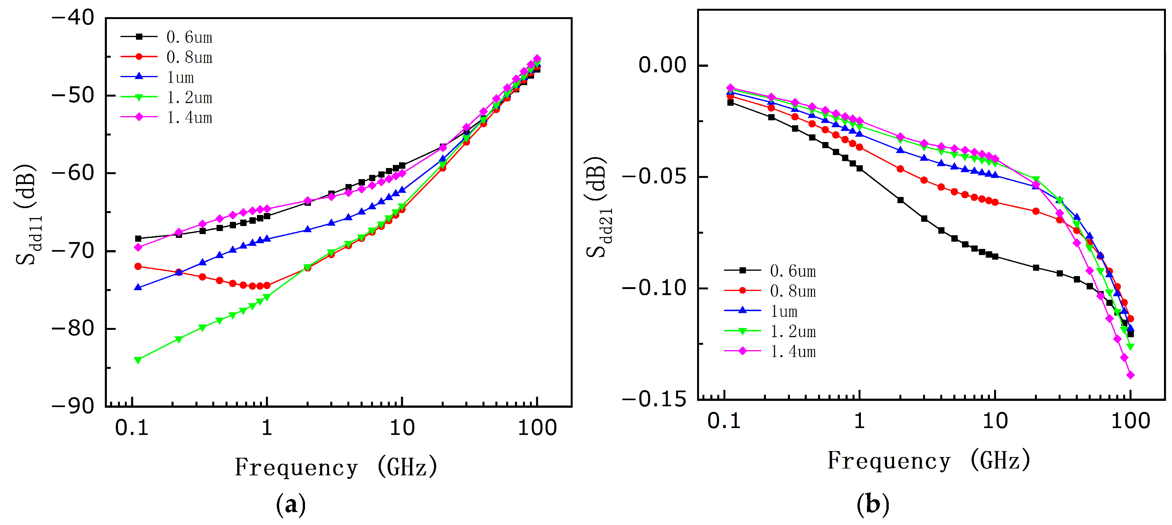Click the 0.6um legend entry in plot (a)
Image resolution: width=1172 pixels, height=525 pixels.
pos(166,37)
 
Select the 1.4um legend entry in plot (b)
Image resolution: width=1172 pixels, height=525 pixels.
pos(770,351)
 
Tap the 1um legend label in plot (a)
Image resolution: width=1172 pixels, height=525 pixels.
pos(181,78)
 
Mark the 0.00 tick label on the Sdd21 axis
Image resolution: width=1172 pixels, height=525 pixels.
pos(662,65)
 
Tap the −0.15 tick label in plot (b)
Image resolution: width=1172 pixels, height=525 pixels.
pos(654,399)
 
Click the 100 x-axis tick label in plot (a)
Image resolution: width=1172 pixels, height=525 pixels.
pos(537,428)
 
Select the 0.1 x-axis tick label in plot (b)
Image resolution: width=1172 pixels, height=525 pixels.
pos(724,421)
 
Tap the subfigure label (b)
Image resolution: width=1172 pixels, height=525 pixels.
pos(873,505)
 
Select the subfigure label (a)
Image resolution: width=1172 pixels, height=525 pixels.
pos(291,505)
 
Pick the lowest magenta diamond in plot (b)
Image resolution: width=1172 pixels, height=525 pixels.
pos(1131,375)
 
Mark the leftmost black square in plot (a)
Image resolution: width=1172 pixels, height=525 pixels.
pos(138,238)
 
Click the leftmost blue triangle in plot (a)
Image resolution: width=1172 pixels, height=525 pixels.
pos(138,287)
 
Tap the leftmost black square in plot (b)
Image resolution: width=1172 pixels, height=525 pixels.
pos(731,102)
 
